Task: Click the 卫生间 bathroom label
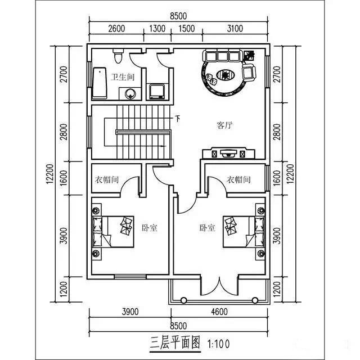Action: coord(122,77)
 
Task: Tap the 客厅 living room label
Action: coord(225,125)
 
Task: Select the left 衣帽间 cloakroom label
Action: coord(106,180)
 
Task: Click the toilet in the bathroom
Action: coord(118,56)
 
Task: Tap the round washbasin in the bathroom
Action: coord(130,94)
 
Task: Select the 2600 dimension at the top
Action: coord(116,29)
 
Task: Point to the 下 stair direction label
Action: coord(178,118)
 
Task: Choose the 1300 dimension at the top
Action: coord(158,29)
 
